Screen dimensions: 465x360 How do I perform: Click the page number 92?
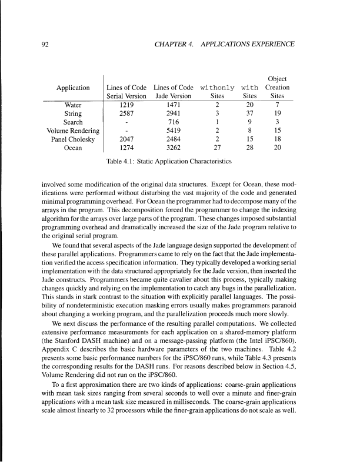coord(45,45)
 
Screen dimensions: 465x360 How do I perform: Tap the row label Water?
coord(73,105)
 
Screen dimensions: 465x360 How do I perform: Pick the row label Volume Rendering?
coord(73,131)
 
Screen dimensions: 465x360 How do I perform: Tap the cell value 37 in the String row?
coord(249,113)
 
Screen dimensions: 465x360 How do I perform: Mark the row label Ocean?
coord(73,148)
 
